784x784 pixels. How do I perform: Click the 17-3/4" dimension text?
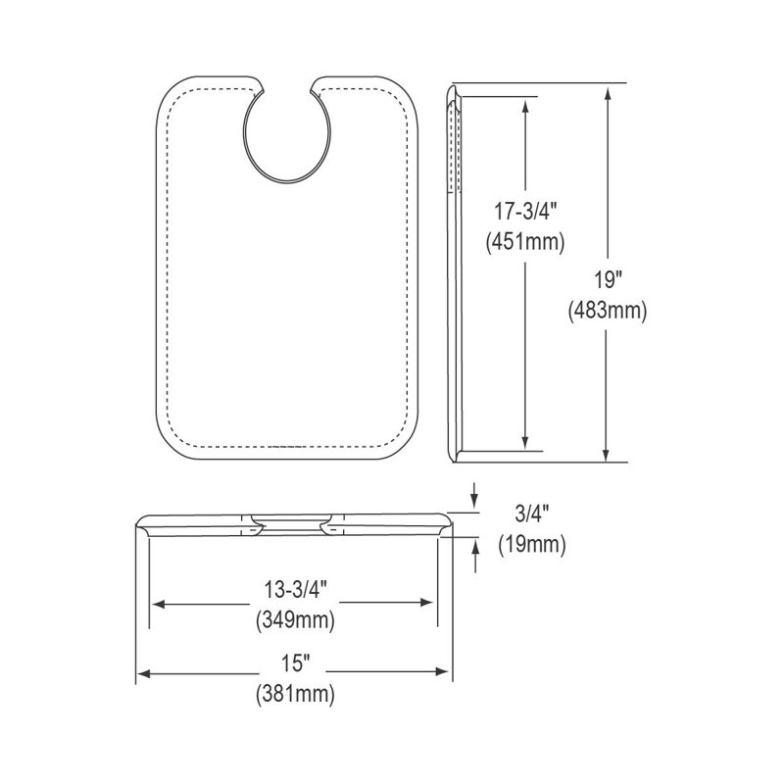(x=525, y=213)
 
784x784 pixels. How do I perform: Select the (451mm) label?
(x=525, y=242)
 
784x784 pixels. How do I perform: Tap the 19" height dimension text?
(x=607, y=280)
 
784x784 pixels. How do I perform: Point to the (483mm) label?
(x=607, y=311)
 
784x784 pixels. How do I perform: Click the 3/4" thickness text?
(x=531, y=514)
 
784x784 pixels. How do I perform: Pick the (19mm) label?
(x=531, y=544)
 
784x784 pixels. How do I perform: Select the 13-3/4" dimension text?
(x=296, y=590)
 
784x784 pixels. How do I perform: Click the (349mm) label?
(x=296, y=620)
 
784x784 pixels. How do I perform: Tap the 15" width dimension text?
(x=296, y=664)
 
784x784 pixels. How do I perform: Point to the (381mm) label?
(x=296, y=695)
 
